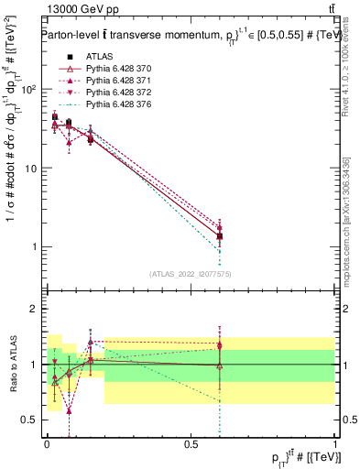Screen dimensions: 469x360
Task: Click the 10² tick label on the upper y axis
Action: (x=31, y=90)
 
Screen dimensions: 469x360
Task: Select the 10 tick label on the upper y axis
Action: (x=34, y=169)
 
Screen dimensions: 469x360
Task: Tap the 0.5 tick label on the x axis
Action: (x=191, y=442)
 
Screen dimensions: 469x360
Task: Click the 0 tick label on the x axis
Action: (x=47, y=442)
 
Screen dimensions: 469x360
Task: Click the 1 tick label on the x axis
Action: (x=335, y=442)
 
